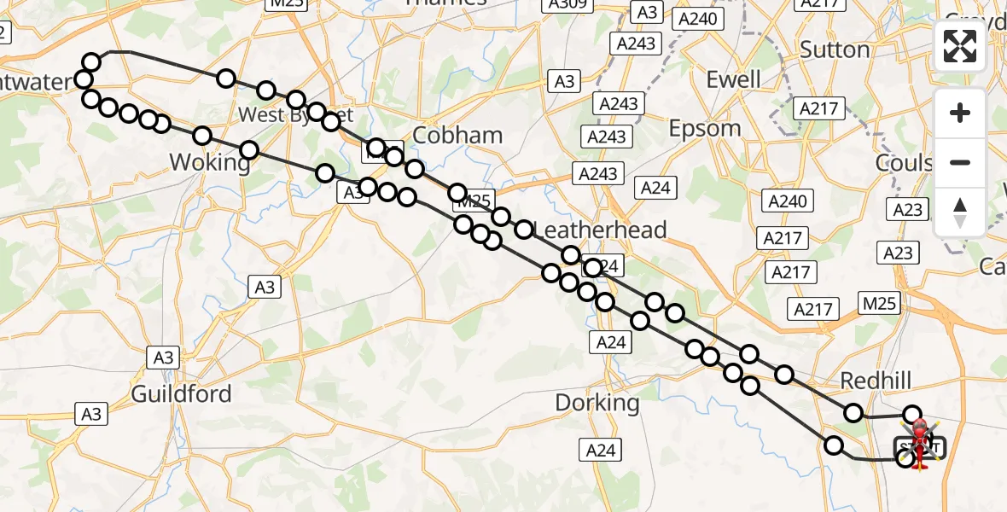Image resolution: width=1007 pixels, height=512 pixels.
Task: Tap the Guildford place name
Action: pos(181,393)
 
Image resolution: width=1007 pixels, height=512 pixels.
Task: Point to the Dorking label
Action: pos(597,402)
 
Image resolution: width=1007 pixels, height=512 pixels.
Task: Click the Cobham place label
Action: pos(457,135)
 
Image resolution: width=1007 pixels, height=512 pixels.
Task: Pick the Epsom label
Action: pos(705,128)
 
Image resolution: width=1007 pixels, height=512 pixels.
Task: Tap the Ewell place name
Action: pos(733,79)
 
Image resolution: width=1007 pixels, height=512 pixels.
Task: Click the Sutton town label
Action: pos(835,49)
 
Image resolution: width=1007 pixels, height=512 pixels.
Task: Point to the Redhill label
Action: pos(876,380)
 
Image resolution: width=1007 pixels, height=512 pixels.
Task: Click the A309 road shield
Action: pos(567,4)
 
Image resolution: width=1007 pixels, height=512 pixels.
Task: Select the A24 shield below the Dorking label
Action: pos(600,450)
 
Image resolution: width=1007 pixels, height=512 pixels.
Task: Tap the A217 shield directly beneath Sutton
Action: pos(818,108)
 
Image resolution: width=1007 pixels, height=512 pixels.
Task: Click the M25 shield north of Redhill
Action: pos(880,303)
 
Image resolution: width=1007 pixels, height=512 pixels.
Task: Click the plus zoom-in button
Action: pos(960,113)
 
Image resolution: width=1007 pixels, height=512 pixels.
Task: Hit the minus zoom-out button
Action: pos(960,162)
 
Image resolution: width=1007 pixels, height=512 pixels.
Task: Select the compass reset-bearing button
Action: pos(960,212)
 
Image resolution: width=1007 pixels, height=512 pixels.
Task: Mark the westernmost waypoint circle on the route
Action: pos(84,80)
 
